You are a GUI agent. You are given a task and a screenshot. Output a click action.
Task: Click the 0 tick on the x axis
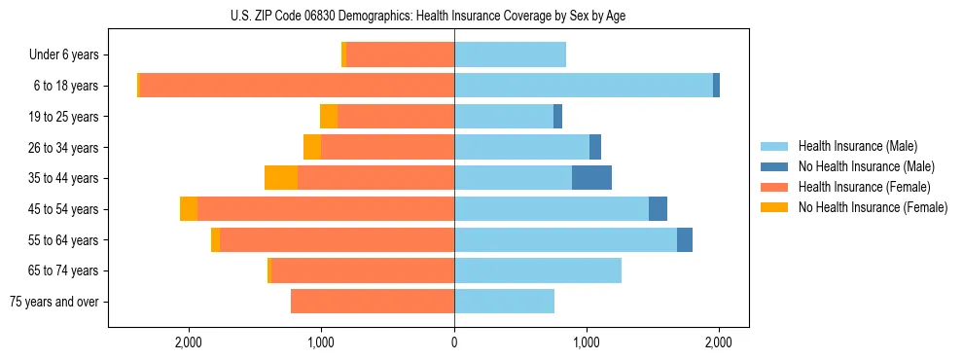point(454,342)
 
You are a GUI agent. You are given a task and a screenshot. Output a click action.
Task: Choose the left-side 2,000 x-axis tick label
point(188,342)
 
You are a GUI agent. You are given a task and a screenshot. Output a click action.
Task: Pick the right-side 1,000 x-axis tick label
point(587,342)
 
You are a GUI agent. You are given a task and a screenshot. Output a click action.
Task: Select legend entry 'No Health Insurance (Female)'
point(873,207)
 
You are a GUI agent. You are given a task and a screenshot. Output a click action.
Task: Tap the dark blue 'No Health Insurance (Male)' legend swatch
point(774,166)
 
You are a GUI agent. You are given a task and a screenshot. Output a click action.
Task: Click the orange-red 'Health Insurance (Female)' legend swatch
point(774,187)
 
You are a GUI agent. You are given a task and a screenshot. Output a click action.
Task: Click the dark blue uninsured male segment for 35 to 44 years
point(591,178)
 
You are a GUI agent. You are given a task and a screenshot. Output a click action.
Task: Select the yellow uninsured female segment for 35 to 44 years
point(281,178)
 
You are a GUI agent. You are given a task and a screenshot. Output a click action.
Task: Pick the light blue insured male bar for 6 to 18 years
point(584,86)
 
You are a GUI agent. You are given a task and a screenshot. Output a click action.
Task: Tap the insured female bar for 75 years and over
point(373,302)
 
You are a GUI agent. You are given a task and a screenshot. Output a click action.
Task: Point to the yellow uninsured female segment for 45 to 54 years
point(189,209)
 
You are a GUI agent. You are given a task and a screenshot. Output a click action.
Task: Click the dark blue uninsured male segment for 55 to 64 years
point(685,239)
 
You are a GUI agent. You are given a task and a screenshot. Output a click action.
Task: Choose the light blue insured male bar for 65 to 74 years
point(538,270)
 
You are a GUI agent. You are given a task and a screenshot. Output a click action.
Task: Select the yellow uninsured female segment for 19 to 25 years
point(329,117)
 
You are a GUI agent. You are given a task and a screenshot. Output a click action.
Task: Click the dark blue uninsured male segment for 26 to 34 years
point(595,147)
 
